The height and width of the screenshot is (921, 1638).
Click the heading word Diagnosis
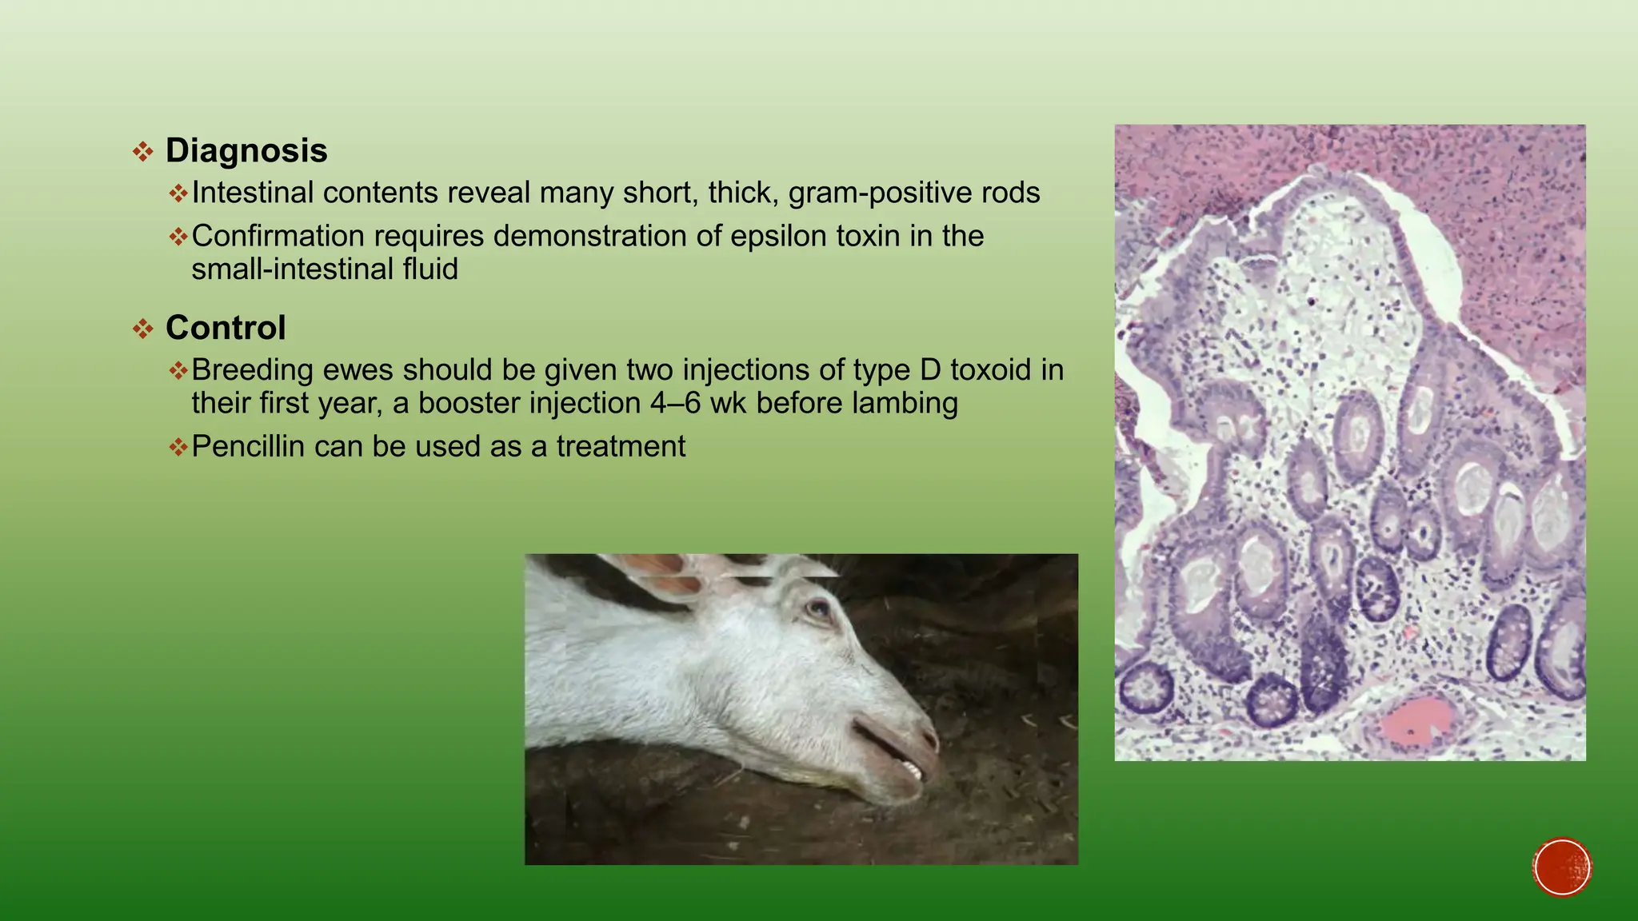coord(246,151)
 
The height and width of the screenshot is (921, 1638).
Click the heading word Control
coord(226,328)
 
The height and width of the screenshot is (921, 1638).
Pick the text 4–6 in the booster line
coord(676,403)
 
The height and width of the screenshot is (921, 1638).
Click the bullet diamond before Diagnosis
coord(143,152)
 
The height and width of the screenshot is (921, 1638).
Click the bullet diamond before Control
coord(143,329)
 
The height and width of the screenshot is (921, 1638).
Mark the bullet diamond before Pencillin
coord(178,447)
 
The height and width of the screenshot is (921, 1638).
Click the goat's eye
coord(818,610)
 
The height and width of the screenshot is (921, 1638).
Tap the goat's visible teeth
coord(913,770)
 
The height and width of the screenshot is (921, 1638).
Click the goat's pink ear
coord(664,576)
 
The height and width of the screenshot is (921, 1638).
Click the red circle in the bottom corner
coord(1562,867)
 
